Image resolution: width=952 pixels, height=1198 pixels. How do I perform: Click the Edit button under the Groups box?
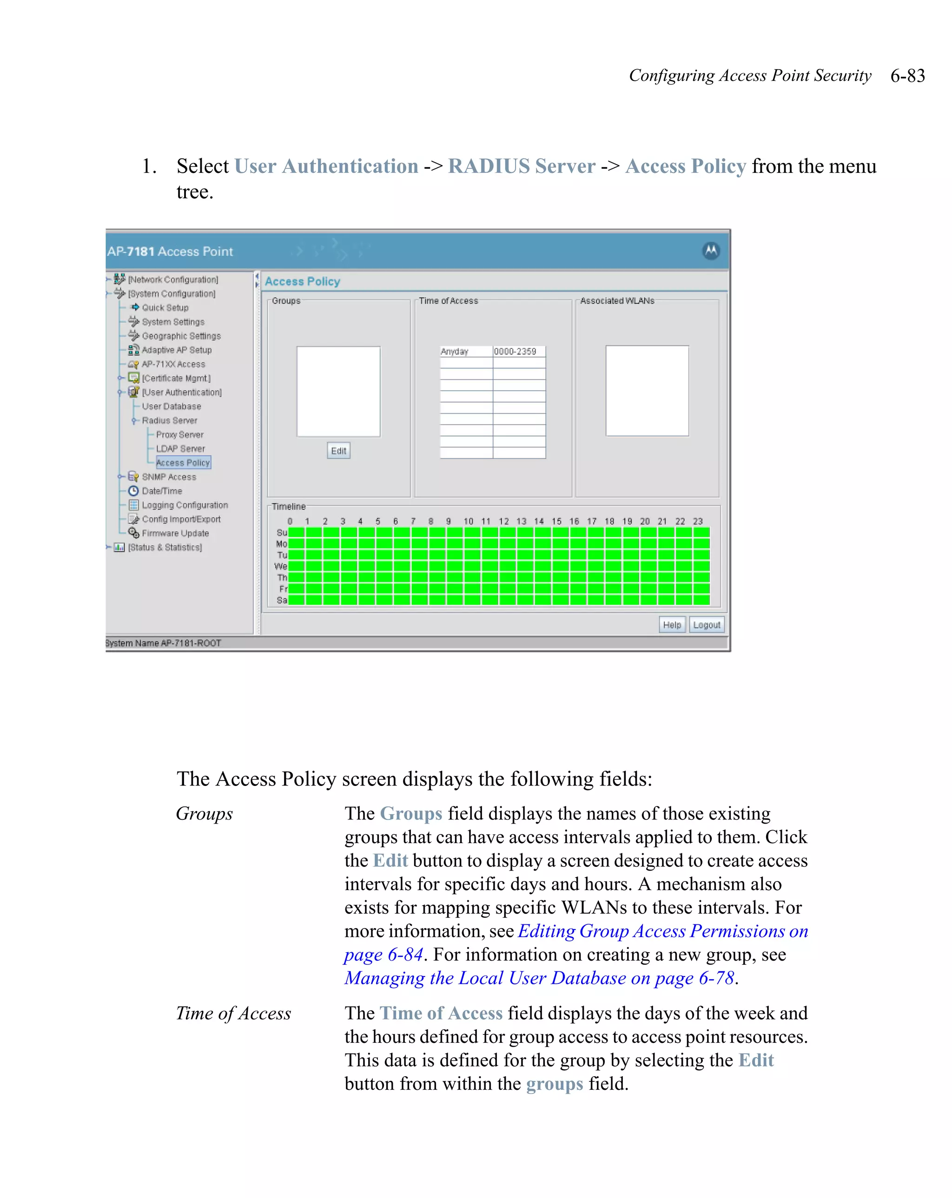(338, 451)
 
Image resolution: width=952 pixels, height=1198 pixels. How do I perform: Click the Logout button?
(706, 625)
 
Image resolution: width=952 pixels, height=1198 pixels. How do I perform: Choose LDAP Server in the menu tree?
(180, 448)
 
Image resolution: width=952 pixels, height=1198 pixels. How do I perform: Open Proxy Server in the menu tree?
(179, 434)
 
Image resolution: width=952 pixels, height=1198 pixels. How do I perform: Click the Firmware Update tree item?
(175, 533)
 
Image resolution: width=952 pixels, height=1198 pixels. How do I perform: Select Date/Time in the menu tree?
(162, 491)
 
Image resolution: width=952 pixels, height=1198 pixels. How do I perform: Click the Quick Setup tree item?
(165, 307)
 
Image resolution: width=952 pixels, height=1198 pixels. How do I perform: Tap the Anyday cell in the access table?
(465, 351)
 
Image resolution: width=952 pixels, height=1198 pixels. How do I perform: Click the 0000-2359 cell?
(518, 351)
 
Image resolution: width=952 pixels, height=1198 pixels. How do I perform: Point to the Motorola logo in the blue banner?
(711, 250)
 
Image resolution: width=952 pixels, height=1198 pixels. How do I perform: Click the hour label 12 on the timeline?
(503, 521)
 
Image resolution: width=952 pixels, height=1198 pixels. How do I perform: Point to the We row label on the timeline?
(281, 566)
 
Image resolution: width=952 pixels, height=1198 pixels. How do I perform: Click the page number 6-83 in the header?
(907, 76)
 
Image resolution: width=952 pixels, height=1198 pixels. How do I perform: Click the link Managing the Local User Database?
(539, 977)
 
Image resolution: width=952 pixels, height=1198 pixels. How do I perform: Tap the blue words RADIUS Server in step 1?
(521, 166)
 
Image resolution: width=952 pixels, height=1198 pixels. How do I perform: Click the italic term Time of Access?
(233, 1013)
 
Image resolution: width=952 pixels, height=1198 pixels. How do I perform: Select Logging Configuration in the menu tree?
(185, 504)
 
